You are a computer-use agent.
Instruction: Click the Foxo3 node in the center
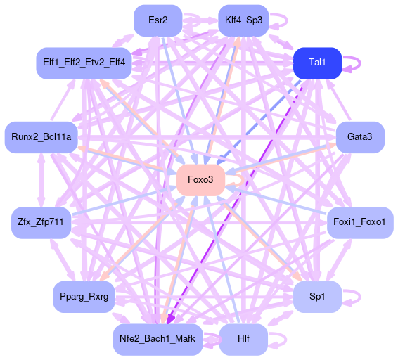click(201, 180)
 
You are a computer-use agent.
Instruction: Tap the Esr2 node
click(158, 20)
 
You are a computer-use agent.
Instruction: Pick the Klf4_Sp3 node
click(243, 20)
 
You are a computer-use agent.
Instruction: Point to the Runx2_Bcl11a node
click(41, 137)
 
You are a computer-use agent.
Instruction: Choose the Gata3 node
click(360, 137)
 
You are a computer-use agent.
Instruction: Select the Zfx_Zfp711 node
click(41, 223)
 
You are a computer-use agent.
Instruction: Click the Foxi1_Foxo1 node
click(360, 223)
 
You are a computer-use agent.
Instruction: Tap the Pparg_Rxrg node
click(84, 297)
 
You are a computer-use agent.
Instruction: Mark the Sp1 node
click(317, 297)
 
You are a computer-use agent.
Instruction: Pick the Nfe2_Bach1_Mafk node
click(158, 340)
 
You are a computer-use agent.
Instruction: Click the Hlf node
click(243, 340)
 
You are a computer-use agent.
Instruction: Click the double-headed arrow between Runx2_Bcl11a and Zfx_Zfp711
click(41, 180)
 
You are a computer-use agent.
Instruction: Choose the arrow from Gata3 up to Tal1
click(339, 101)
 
